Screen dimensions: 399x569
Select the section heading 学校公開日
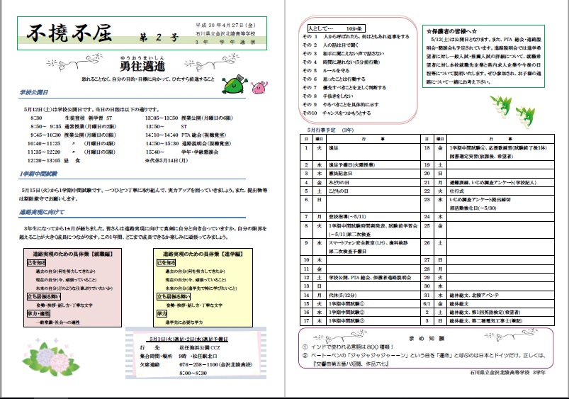[34, 93]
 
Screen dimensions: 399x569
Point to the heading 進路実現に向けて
[43, 213]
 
